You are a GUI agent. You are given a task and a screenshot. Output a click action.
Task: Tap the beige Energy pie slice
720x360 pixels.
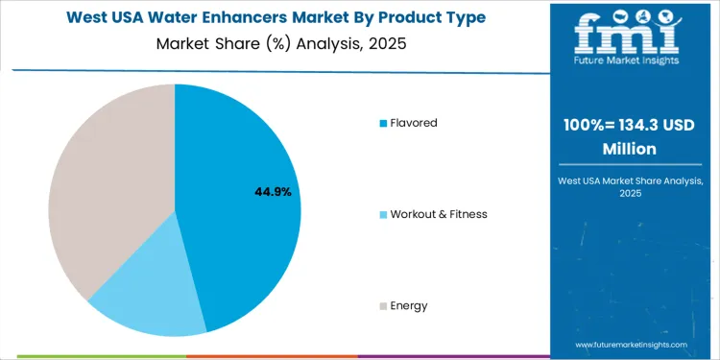tap(106, 182)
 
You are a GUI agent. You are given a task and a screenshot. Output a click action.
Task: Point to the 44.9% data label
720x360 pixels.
tap(273, 192)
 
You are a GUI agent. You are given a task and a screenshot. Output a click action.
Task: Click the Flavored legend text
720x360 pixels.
tap(414, 123)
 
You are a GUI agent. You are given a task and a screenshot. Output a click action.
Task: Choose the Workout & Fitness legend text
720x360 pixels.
tap(439, 214)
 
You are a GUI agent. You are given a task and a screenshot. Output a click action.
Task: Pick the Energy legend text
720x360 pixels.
tap(409, 305)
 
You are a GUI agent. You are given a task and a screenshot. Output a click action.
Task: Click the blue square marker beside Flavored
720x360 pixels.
tap(384, 123)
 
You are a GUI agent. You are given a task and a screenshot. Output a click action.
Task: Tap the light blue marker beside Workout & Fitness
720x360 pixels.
tap(384, 214)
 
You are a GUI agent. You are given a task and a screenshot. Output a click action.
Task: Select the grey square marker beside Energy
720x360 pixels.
tap(384, 306)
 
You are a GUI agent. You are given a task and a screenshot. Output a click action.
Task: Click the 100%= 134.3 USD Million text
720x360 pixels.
tap(630, 137)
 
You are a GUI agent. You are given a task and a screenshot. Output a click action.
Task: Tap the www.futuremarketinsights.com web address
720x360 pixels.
tap(632, 344)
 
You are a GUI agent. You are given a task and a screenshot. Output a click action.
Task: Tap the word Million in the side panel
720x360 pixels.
tap(630, 149)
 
